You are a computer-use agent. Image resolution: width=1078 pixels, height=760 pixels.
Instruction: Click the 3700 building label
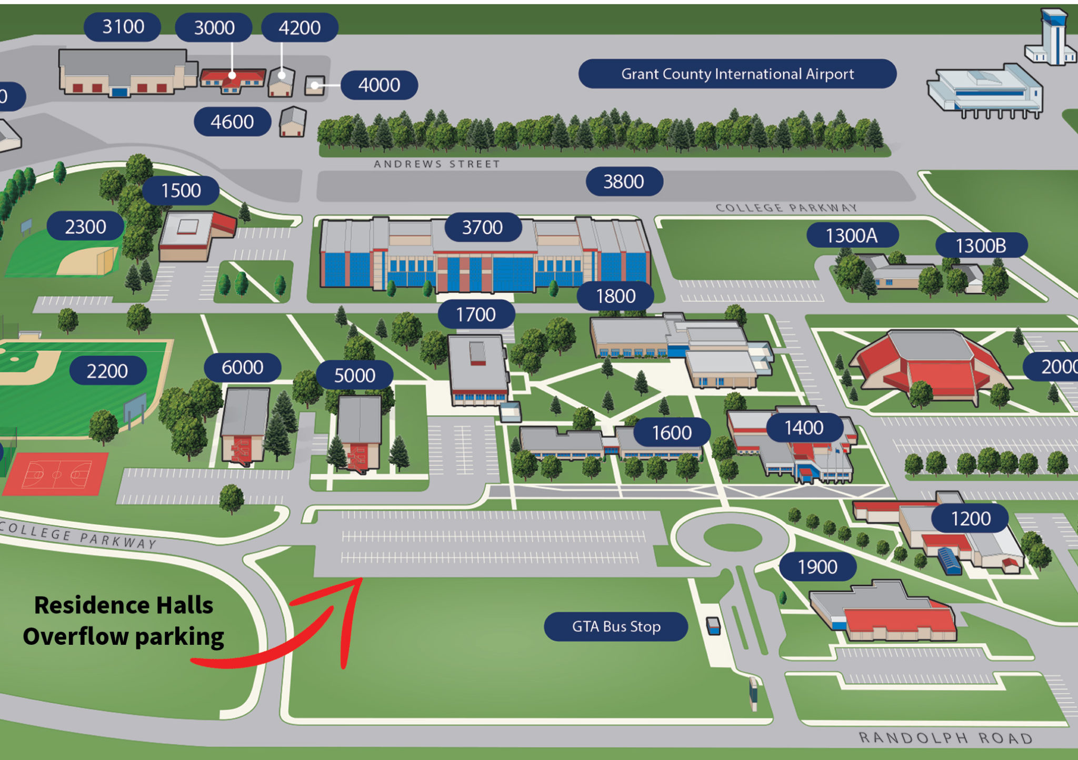coord(483,227)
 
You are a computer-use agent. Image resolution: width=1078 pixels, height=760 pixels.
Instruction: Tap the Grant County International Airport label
coord(737,74)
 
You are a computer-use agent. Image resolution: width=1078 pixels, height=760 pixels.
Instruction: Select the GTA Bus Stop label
coord(616,626)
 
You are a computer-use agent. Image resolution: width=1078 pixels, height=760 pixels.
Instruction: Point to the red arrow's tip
coord(361,580)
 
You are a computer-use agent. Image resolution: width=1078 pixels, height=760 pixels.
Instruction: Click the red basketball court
coord(56,473)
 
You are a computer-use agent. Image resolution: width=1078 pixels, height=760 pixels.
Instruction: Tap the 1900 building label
coord(817,566)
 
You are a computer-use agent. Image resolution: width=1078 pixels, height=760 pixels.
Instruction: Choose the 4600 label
coord(232,122)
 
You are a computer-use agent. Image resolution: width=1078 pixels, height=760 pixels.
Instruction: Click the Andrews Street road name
coord(437,164)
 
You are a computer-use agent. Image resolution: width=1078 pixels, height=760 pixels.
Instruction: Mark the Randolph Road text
coord(945,737)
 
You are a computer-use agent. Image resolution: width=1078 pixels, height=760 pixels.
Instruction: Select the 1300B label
coord(981,246)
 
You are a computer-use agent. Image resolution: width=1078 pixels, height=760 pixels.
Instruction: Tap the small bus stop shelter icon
coord(713,626)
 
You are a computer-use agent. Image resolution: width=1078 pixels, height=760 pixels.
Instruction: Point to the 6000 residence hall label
coord(242,367)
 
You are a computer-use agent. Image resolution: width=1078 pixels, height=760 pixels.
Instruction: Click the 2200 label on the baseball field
coord(107,371)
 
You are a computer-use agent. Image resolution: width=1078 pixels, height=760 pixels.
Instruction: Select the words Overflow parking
coord(124,636)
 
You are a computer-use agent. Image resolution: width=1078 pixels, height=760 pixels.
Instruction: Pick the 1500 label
coord(181,190)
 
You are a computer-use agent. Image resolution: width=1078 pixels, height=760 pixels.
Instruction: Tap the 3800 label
coord(624,181)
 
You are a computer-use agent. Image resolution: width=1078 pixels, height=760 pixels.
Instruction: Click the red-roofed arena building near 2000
coord(929,363)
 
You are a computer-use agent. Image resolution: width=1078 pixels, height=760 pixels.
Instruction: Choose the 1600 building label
coord(672,432)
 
